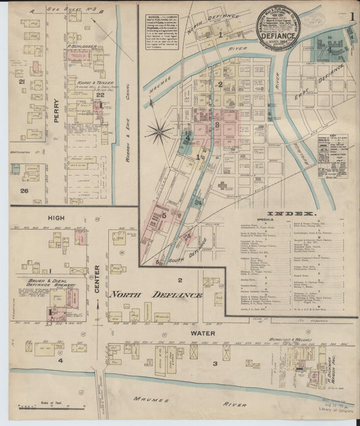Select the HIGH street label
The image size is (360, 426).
(36, 218)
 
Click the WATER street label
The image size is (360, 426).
(201, 333)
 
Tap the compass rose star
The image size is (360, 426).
(159, 132)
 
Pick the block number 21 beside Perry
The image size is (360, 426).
(22, 82)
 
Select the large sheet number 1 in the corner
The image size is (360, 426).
(352, 16)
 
